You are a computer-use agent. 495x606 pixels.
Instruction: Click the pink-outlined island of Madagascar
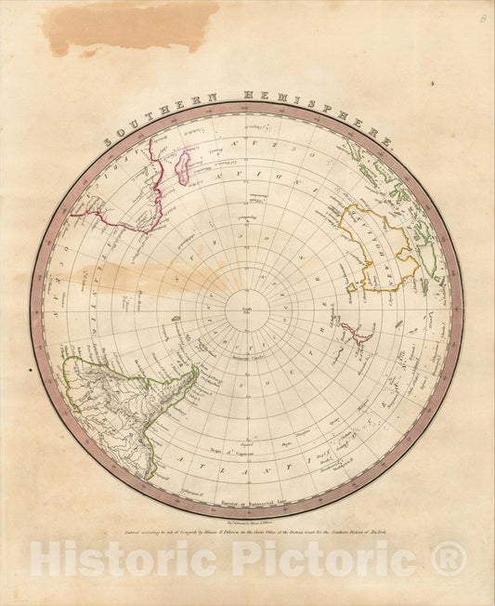[184, 168]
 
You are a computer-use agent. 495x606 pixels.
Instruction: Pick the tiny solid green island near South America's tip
[176, 320]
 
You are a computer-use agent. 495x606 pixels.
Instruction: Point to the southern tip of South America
[194, 372]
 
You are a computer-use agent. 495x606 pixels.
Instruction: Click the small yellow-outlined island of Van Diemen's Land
[351, 288]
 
